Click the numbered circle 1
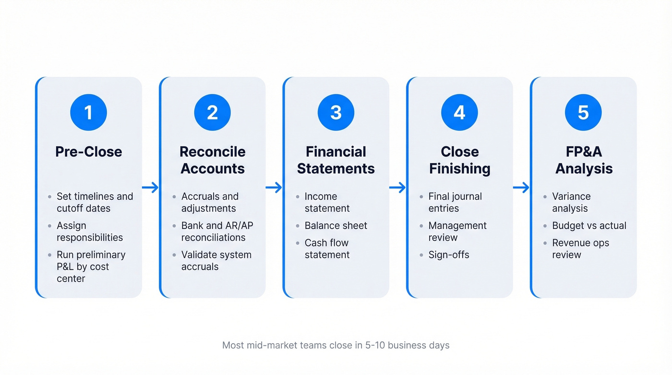[x=88, y=112]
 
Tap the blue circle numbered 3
[x=336, y=112]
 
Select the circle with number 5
[x=583, y=112]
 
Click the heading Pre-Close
[x=88, y=152]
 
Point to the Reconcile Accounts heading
[x=212, y=160]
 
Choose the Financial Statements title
[x=336, y=160]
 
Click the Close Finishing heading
[x=459, y=160]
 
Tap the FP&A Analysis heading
[x=584, y=160]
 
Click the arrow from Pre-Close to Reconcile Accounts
[x=150, y=187]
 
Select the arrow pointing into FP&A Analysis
[x=521, y=187]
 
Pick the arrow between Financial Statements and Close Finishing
[x=397, y=187]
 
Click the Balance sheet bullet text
[x=336, y=226]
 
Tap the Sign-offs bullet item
[x=448, y=254]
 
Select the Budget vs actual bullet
[x=589, y=226]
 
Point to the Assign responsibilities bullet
[x=89, y=231]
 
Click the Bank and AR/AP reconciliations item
[x=213, y=231]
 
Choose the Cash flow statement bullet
[x=327, y=249]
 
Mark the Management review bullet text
[x=457, y=231]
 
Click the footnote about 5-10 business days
[x=336, y=345]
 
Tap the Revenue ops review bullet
[x=580, y=249]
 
